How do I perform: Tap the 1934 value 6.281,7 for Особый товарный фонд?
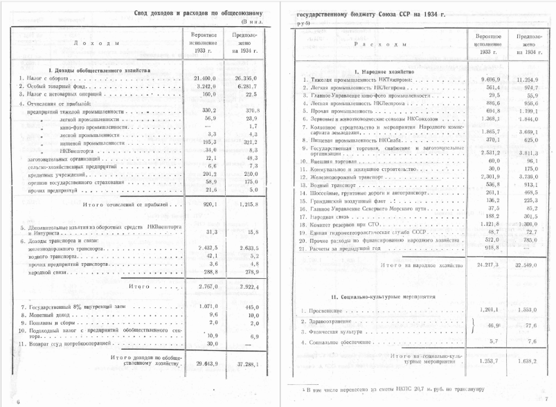point(246,87)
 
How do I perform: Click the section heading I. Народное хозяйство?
point(384,71)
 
